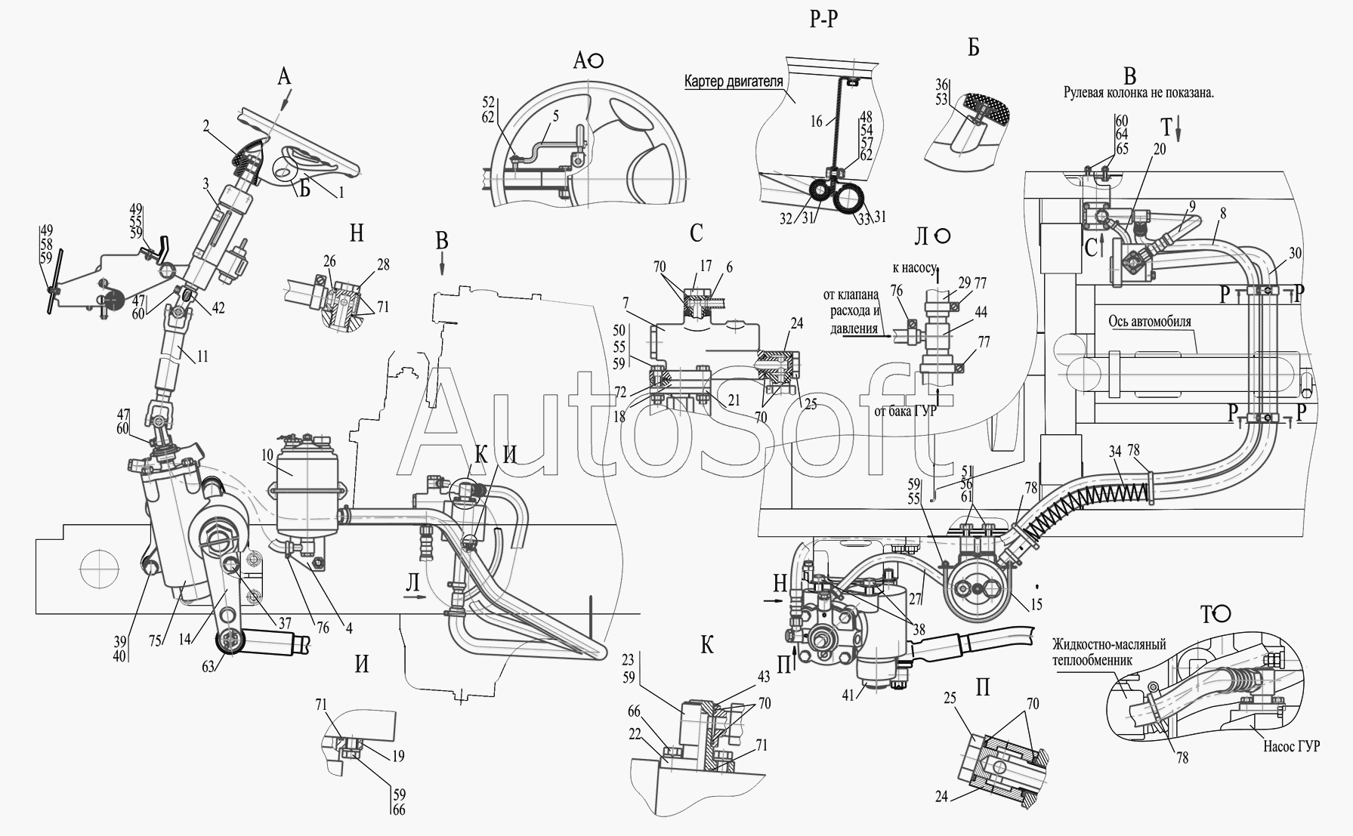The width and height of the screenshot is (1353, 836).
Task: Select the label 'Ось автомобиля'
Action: point(1150,322)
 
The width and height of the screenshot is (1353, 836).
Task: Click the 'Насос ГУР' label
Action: point(1291,746)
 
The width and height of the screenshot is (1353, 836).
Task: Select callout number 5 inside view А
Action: point(555,117)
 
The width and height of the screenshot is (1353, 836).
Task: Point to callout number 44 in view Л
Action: point(981,312)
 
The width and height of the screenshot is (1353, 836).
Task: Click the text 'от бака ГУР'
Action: point(904,412)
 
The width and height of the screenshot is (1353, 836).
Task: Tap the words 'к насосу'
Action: point(914,267)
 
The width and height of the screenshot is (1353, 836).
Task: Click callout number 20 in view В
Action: point(1160,150)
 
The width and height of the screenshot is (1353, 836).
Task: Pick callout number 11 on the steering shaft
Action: point(203,356)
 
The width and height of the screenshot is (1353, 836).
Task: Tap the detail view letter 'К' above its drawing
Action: point(707,646)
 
